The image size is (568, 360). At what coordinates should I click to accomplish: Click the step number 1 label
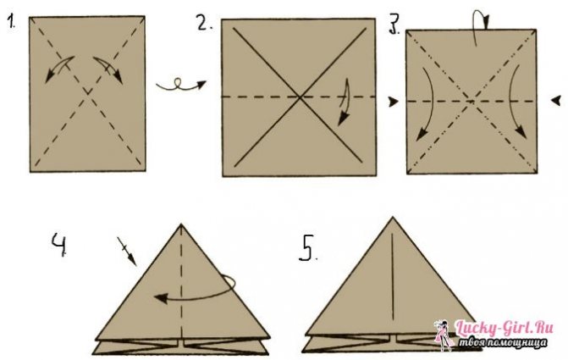pos(11,22)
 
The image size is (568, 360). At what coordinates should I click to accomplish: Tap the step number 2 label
pos(205,23)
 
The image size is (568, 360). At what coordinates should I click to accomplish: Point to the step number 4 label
pos(59,245)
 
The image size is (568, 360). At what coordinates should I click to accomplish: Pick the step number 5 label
pos(307,248)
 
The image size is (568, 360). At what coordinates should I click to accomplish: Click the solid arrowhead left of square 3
pos(393,102)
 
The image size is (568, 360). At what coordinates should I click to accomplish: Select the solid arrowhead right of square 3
pos(556,101)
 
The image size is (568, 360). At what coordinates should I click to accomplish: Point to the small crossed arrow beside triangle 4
pos(126,251)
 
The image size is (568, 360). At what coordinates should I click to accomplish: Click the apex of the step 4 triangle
pos(181,224)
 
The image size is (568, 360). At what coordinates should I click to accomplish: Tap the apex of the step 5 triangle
pos(393,218)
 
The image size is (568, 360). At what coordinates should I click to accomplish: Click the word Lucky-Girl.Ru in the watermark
pos(505,328)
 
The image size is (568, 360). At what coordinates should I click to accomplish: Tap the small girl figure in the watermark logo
pos(442,335)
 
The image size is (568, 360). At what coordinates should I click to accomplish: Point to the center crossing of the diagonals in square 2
pos(300,97)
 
